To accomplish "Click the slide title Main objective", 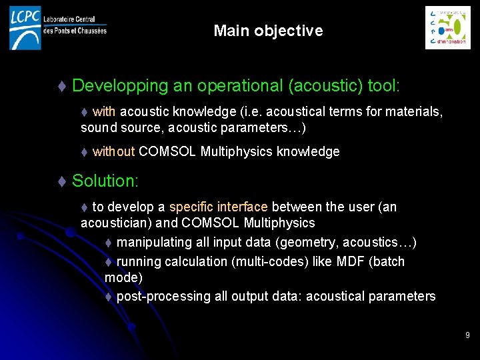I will click(x=268, y=31).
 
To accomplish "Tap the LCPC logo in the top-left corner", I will click(x=25, y=27).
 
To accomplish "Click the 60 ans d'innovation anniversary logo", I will click(x=447, y=27).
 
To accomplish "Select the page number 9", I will click(x=467, y=335).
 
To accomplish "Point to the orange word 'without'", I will click(x=113, y=152).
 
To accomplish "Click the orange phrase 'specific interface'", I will click(x=219, y=207).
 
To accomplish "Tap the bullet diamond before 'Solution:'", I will click(x=62, y=181).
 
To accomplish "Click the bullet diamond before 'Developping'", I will click(x=62, y=87).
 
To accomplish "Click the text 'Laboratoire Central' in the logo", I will click(x=69, y=20).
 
